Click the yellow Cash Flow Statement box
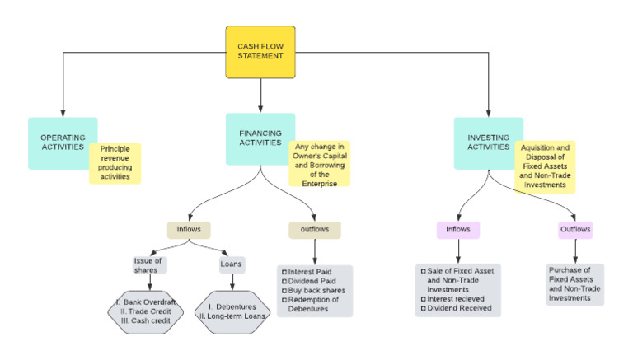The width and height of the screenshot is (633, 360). point(260,52)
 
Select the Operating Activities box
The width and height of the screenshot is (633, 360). point(63,143)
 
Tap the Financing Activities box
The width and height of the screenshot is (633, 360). point(260,138)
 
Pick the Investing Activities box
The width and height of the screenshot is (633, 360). point(488,143)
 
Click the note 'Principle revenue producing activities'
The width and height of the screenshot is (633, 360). point(115,164)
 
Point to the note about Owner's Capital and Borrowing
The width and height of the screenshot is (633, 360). point(319,163)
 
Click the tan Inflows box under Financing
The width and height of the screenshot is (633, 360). point(189,229)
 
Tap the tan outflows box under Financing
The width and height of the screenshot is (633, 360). point(315,229)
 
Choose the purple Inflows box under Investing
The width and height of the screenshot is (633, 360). point(458,229)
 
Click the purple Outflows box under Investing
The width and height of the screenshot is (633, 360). point(575,229)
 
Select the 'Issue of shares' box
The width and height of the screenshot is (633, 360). point(150,265)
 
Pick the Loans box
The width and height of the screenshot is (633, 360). point(231,265)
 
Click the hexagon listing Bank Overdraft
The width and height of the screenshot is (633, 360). point(150,311)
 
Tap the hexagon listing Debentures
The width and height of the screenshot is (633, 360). point(231,311)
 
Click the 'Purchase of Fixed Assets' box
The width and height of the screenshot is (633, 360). point(575,284)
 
